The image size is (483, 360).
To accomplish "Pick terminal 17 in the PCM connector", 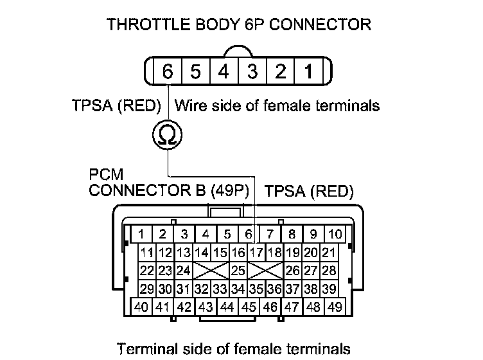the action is click(258, 251).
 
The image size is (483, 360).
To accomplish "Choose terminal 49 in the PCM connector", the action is click(333, 307).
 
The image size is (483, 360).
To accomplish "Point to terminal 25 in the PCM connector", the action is click(238, 269).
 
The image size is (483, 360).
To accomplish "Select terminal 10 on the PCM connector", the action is click(335, 234).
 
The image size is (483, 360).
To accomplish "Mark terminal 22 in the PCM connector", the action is click(146, 269).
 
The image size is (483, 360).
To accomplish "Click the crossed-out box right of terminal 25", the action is click(266, 269).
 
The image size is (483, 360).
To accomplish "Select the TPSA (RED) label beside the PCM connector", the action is click(309, 191).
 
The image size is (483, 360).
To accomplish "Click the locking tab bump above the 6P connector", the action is click(238, 51).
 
